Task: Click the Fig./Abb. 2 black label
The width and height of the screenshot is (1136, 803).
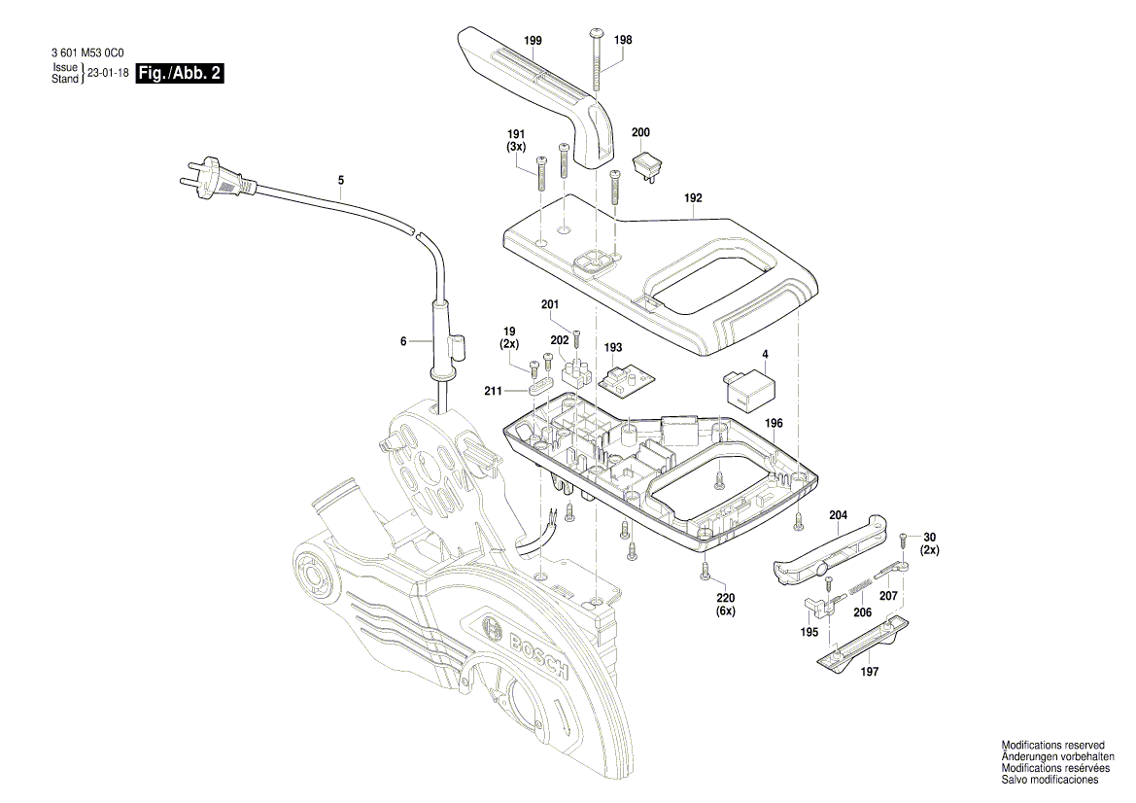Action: coord(181,74)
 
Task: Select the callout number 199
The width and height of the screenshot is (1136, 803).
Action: coord(533,40)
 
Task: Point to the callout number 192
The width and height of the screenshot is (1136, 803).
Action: coord(693,198)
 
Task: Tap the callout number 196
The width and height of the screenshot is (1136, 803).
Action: coord(774,423)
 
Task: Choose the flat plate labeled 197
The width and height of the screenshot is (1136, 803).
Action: coord(862,645)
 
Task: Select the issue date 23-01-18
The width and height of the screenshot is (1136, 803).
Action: coord(109,73)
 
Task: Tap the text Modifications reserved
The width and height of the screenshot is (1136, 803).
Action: coord(1052,745)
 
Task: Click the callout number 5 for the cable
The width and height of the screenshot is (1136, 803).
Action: coord(341,180)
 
